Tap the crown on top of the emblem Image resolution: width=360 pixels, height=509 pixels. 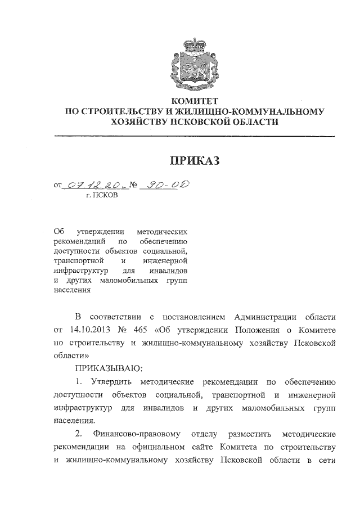click(194, 42)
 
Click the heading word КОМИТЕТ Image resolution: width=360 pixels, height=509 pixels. click(194, 101)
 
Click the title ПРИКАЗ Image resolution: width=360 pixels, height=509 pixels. click(194, 162)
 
